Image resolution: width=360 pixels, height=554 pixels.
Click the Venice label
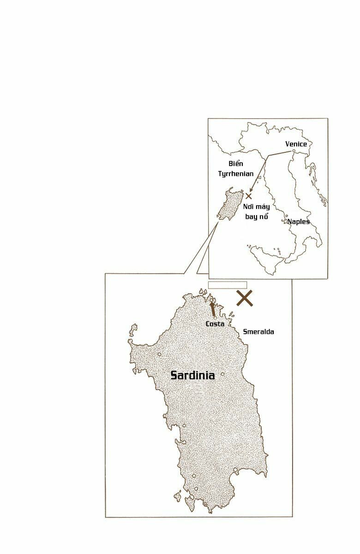[296, 144]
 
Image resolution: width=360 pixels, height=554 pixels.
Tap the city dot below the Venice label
[294, 151]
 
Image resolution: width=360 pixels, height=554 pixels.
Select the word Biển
[236, 164]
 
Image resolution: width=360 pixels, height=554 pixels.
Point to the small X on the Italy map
[249, 196]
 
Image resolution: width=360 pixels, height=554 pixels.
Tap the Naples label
[299, 222]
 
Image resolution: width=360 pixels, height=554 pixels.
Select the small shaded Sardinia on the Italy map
[227, 206]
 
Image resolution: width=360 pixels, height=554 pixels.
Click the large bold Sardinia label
[192, 375]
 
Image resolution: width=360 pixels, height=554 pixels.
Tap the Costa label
[215, 324]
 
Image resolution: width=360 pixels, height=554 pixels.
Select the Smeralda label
[258, 331]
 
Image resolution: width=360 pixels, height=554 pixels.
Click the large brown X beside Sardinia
[245, 298]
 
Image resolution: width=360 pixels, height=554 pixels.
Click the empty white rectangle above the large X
[228, 285]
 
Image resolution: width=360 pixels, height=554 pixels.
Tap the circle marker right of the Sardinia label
[222, 374]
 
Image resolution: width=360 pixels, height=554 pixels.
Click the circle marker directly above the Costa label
[215, 318]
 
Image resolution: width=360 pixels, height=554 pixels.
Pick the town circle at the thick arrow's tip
[211, 301]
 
